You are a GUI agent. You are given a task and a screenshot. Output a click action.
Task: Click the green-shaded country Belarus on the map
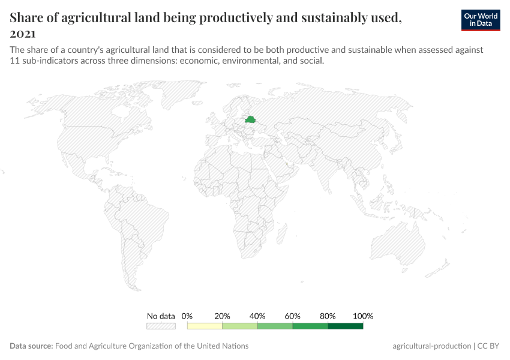point(251,120)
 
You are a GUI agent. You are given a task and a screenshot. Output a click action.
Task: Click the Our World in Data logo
point(481,20)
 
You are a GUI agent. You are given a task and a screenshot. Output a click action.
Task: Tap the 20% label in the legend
point(223,316)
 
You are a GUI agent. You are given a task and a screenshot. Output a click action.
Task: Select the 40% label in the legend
point(257,316)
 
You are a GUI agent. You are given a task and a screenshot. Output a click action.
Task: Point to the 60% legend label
point(293,316)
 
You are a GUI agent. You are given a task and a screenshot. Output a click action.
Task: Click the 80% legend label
point(328,316)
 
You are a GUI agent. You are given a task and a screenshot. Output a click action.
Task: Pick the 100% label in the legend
point(363,316)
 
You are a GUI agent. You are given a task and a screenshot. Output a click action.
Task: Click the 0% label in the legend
point(187,316)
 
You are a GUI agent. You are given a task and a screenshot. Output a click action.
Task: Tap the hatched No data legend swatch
point(161,326)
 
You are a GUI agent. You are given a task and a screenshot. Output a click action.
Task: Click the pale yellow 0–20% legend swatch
point(205,326)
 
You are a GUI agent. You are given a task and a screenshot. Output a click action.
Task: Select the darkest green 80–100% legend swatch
point(346,326)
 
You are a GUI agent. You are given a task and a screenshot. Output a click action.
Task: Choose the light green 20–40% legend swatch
point(240,326)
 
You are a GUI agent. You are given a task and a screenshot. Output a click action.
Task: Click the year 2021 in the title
point(23,34)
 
